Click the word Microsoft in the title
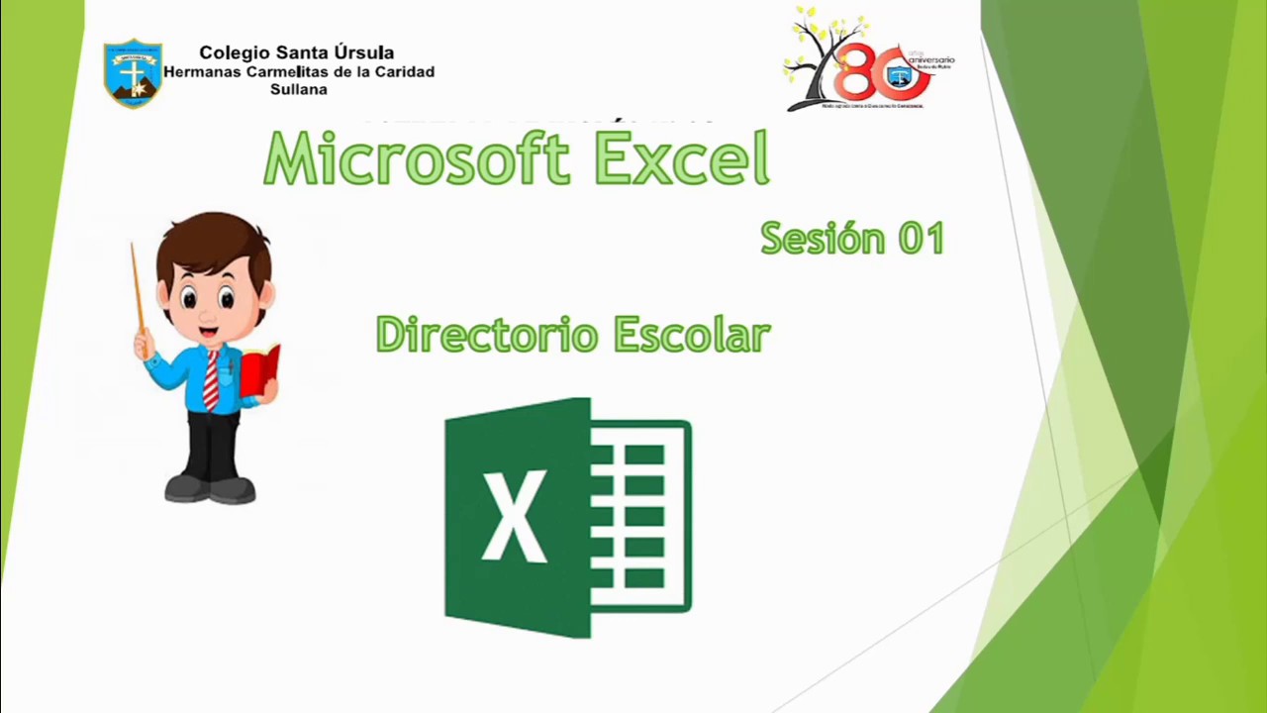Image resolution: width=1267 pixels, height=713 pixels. point(416,158)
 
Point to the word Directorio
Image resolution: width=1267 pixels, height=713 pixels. point(487,335)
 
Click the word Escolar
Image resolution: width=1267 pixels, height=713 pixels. point(691,335)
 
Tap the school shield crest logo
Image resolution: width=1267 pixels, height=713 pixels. point(133,72)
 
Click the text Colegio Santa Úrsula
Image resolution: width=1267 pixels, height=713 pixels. point(297,52)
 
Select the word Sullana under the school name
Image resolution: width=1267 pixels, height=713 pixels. point(298,89)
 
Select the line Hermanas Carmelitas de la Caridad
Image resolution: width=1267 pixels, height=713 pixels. point(298,71)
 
